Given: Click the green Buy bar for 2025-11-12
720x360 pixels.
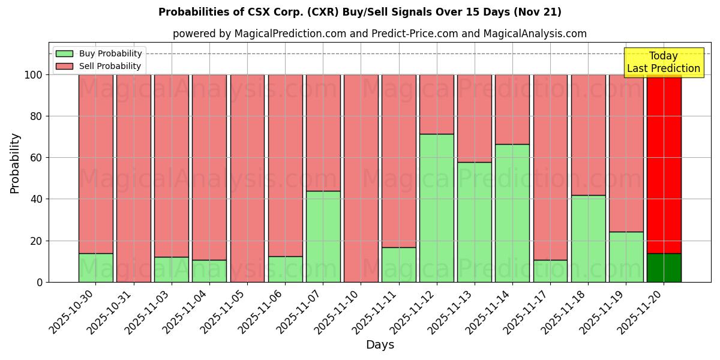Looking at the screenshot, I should [x=436, y=208].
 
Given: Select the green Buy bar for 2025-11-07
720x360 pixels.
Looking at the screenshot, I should [x=323, y=236].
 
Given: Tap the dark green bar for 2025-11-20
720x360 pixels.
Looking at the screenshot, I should [x=664, y=268].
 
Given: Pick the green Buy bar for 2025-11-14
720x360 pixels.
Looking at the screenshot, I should [x=512, y=213].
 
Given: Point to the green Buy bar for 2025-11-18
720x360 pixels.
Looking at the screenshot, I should [x=588, y=238].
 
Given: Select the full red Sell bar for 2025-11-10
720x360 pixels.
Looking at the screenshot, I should [x=361, y=178].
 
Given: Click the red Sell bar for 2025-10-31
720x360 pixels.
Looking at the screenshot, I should [x=133, y=178].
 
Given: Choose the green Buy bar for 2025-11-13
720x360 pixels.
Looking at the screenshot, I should [x=474, y=222].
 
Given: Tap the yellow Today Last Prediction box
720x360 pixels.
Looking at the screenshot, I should [x=663, y=62].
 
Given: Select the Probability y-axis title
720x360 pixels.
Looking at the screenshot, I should [x=15, y=163].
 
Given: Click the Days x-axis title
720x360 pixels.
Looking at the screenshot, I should [x=380, y=345].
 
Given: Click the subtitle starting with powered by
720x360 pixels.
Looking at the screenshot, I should [x=379, y=34].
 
